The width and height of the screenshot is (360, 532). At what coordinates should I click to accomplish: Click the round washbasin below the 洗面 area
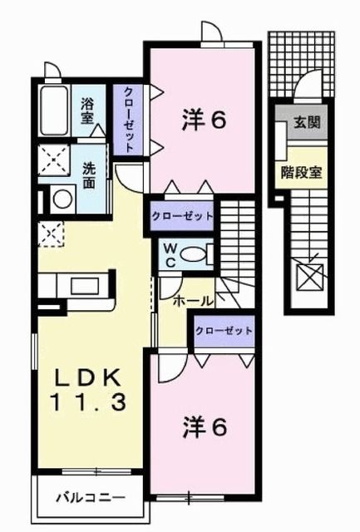(61, 199)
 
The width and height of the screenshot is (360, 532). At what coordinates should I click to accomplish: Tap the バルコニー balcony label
(90, 500)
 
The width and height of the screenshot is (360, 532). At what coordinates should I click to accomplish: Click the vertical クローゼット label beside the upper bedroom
(131, 119)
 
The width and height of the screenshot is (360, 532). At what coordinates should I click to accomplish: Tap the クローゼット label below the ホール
(224, 330)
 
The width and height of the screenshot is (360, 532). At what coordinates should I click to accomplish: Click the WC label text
(169, 253)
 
